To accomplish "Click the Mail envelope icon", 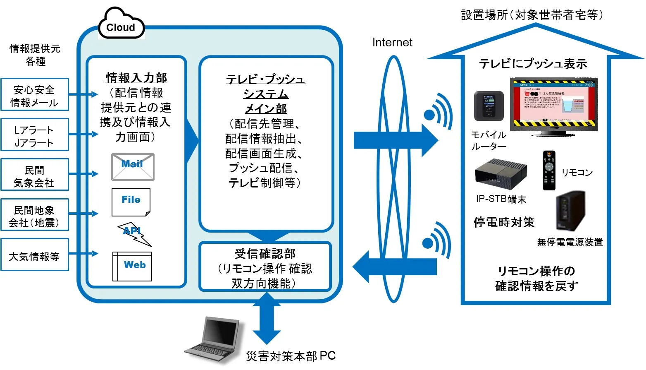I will coord(133,167).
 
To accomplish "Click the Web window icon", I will coord(132,267).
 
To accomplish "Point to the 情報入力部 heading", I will coord(136,77).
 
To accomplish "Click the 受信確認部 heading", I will coord(265,253).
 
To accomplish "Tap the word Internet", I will coord(392,43).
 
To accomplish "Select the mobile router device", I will coord(489,106).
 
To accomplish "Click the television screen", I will coord(553,104).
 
